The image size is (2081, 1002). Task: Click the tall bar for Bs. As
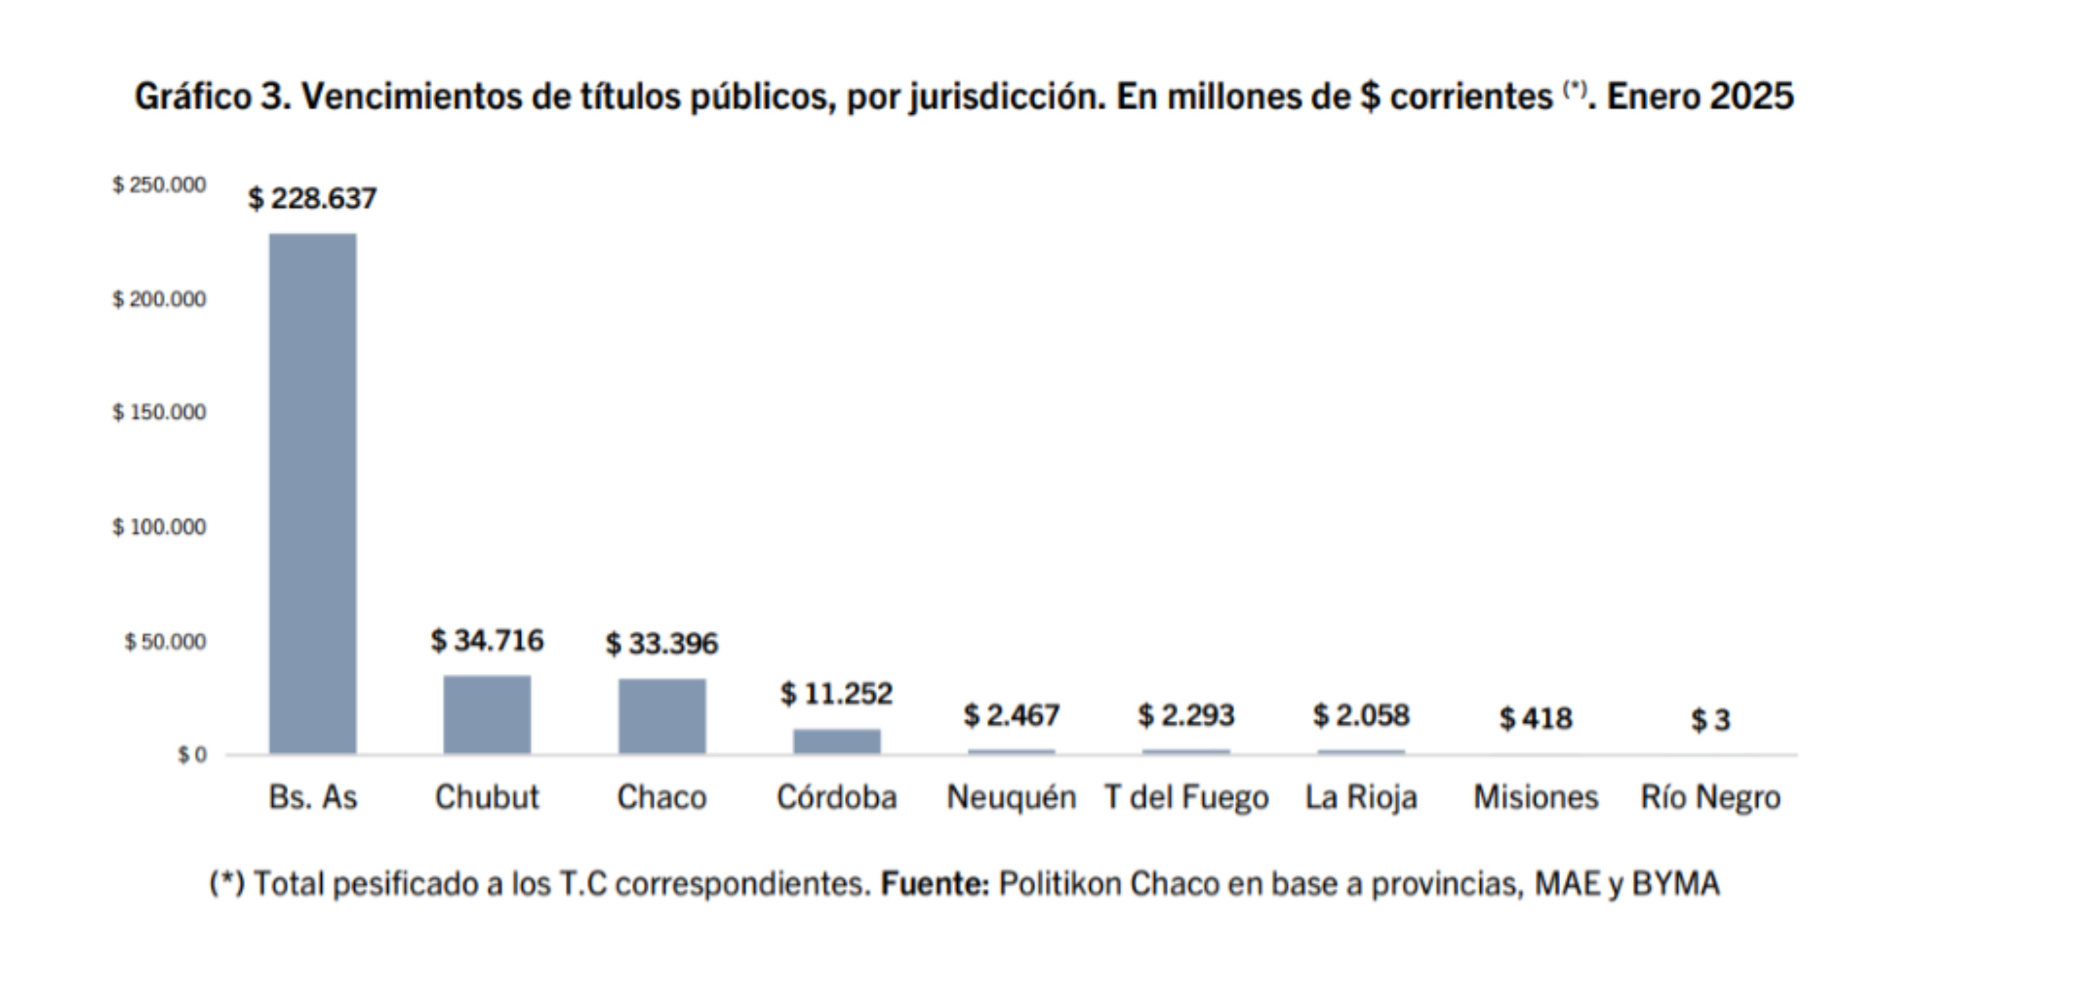coord(313,493)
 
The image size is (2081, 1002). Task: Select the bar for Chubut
coord(487,714)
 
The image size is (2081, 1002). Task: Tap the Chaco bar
coord(663,716)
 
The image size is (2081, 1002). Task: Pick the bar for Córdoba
coord(837,741)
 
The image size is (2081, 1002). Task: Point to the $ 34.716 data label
coord(487,641)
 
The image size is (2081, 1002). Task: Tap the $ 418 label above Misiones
coord(1536,718)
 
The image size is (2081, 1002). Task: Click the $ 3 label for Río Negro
coord(1710,720)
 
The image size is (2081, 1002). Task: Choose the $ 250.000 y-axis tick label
coord(159,185)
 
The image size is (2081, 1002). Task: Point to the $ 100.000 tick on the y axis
coord(159,527)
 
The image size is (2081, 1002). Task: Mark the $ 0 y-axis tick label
coord(192,755)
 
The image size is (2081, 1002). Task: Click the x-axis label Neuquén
coord(1011,797)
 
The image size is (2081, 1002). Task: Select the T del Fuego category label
coord(1186,797)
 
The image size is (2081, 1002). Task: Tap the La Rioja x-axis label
coord(1361,797)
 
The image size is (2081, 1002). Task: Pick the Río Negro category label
coord(1710,797)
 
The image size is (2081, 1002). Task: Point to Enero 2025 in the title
coord(1700,97)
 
